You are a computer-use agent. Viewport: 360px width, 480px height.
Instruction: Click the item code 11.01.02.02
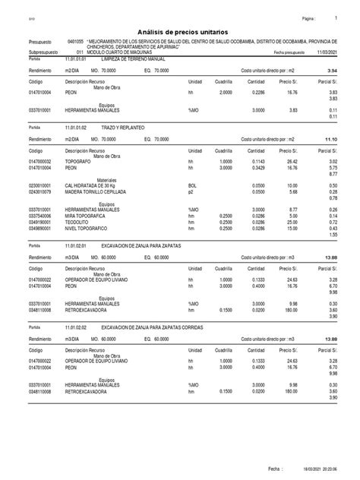click(x=77, y=325)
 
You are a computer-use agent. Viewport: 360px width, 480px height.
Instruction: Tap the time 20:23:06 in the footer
click(x=336, y=472)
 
